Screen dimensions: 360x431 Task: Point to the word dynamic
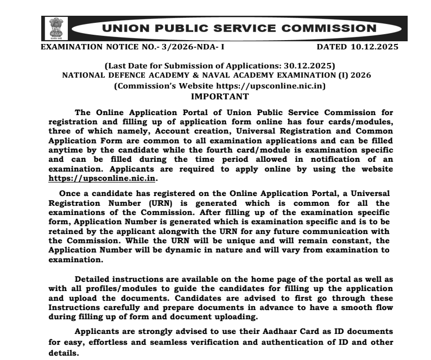pyautogui.click(x=183, y=251)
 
